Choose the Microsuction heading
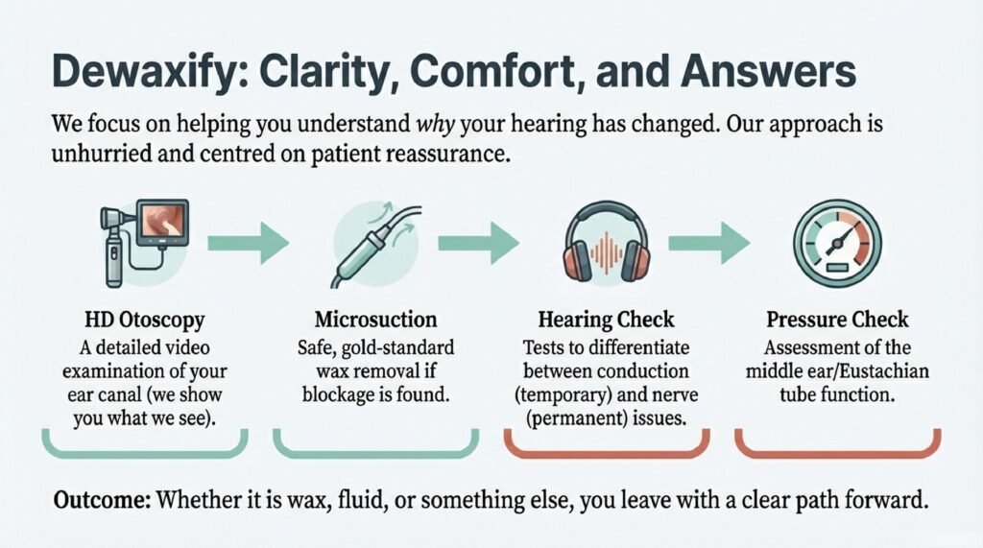tap(375, 320)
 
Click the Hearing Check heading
tap(607, 320)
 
